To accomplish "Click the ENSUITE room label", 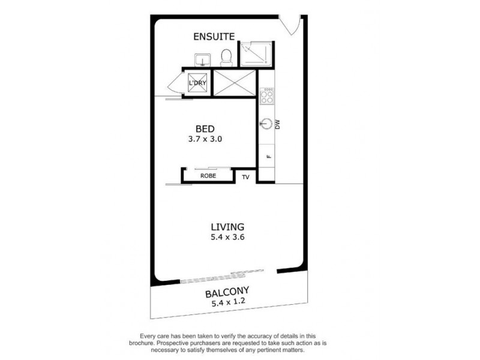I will click(214, 37).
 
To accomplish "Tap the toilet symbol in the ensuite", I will click(226, 58).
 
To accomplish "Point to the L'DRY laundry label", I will click(197, 83).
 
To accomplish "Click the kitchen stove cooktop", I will click(266, 95).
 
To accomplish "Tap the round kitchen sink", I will click(266, 124).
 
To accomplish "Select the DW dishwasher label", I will click(278, 125).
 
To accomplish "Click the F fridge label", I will click(269, 157).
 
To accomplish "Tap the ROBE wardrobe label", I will click(208, 176).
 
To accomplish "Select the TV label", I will click(245, 177).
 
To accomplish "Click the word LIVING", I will click(227, 227).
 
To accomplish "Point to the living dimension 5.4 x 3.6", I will click(227, 238).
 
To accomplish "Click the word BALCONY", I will click(226, 293).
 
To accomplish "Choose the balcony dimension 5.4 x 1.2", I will click(226, 304).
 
